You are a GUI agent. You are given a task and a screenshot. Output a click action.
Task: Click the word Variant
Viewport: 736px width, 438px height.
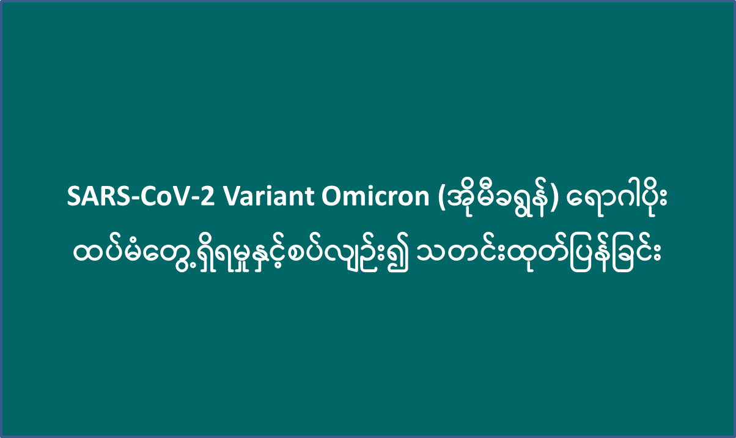268,196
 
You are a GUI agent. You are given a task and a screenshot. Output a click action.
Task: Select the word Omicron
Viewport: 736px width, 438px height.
375,196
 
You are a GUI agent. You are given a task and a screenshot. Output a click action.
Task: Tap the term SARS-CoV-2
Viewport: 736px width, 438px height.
141,196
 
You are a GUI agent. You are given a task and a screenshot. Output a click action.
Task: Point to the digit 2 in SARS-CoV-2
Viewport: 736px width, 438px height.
207,196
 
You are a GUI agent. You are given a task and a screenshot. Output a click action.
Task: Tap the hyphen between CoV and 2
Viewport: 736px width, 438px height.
196,199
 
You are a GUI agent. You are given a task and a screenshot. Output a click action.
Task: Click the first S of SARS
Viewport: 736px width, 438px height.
74,196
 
